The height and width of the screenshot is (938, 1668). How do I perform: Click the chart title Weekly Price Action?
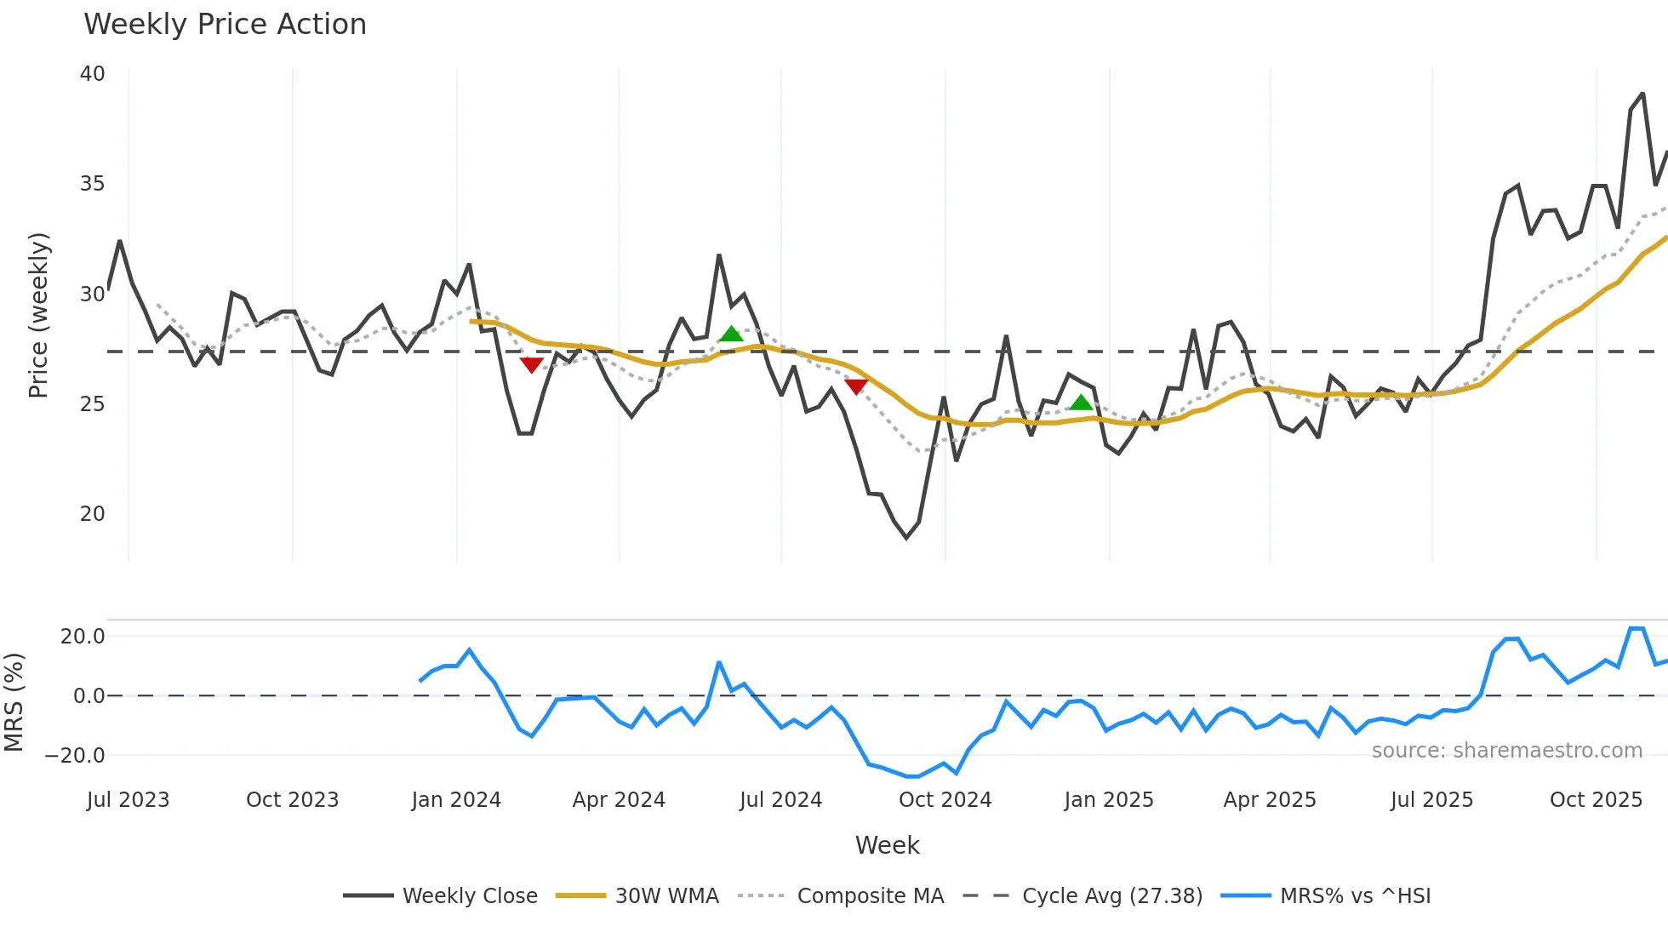point(225,25)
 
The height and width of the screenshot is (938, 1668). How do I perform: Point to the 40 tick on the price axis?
point(92,74)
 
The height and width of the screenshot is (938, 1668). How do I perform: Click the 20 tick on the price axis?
point(92,514)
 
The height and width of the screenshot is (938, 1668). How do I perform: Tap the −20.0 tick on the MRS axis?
point(75,756)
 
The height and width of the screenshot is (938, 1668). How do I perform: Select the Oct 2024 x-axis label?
point(945,800)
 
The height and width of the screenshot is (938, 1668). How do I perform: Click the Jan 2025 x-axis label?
point(1108,800)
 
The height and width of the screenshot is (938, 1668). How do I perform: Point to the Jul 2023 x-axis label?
point(128,800)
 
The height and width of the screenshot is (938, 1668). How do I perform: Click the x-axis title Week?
point(887,845)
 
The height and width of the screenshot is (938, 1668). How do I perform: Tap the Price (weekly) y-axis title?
point(39,315)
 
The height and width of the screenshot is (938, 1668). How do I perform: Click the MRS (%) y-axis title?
point(14,702)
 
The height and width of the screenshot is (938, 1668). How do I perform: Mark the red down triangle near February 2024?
point(531,364)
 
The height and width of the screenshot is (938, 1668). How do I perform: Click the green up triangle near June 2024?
point(731,334)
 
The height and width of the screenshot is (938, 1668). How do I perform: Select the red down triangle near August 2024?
point(856,386)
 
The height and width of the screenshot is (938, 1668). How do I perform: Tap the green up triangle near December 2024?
point(1081,403)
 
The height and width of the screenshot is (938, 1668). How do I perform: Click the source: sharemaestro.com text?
point(1506,751)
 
